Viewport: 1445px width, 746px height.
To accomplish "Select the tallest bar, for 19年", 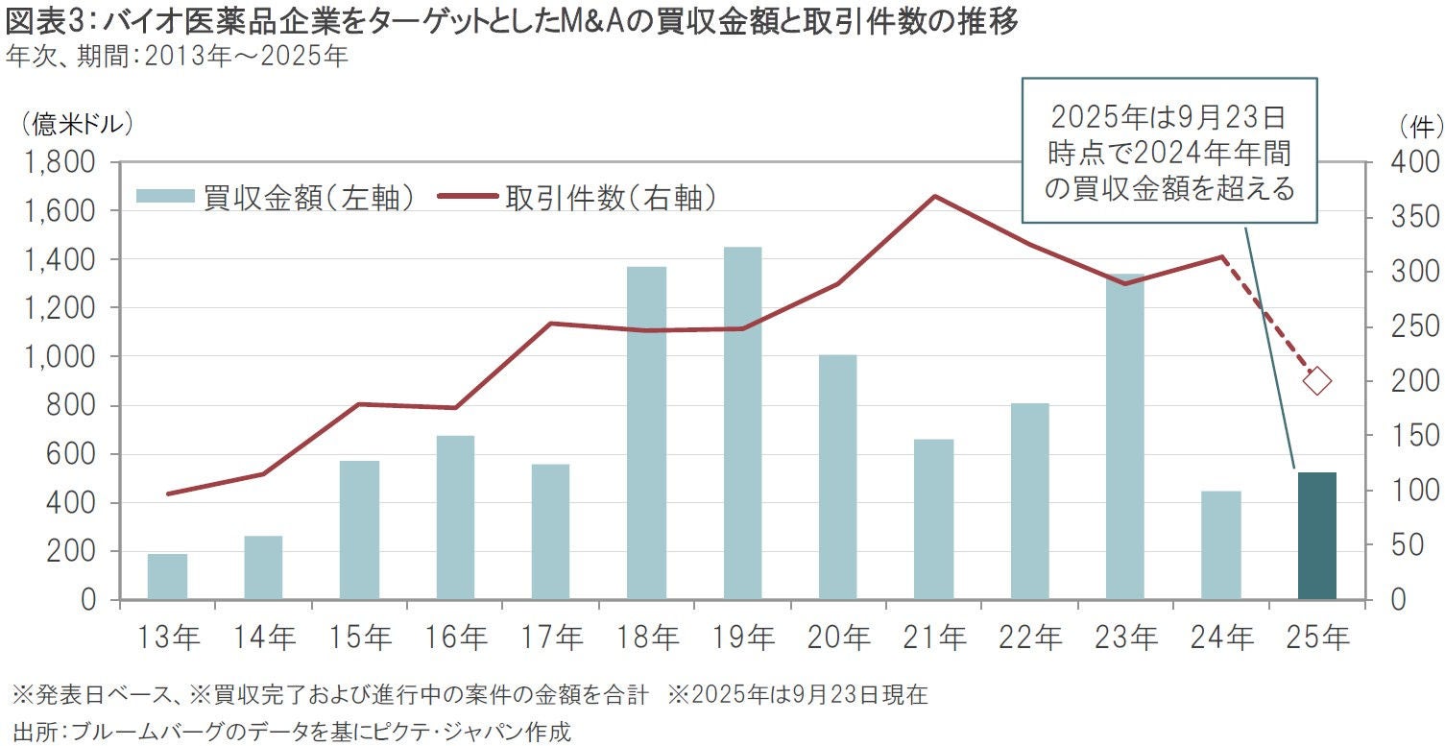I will tap(742, 422).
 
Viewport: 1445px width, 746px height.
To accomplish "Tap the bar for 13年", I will tap(167, 576).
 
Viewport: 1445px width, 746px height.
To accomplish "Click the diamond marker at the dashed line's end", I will tap(1316, 381).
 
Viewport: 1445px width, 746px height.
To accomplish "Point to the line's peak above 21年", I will tap(934, 196).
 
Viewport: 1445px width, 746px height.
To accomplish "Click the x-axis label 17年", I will tap(550, 637).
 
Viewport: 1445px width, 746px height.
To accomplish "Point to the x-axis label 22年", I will tap(1029, 637).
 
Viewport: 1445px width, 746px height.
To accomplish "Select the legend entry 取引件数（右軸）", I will tap(576, 198).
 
